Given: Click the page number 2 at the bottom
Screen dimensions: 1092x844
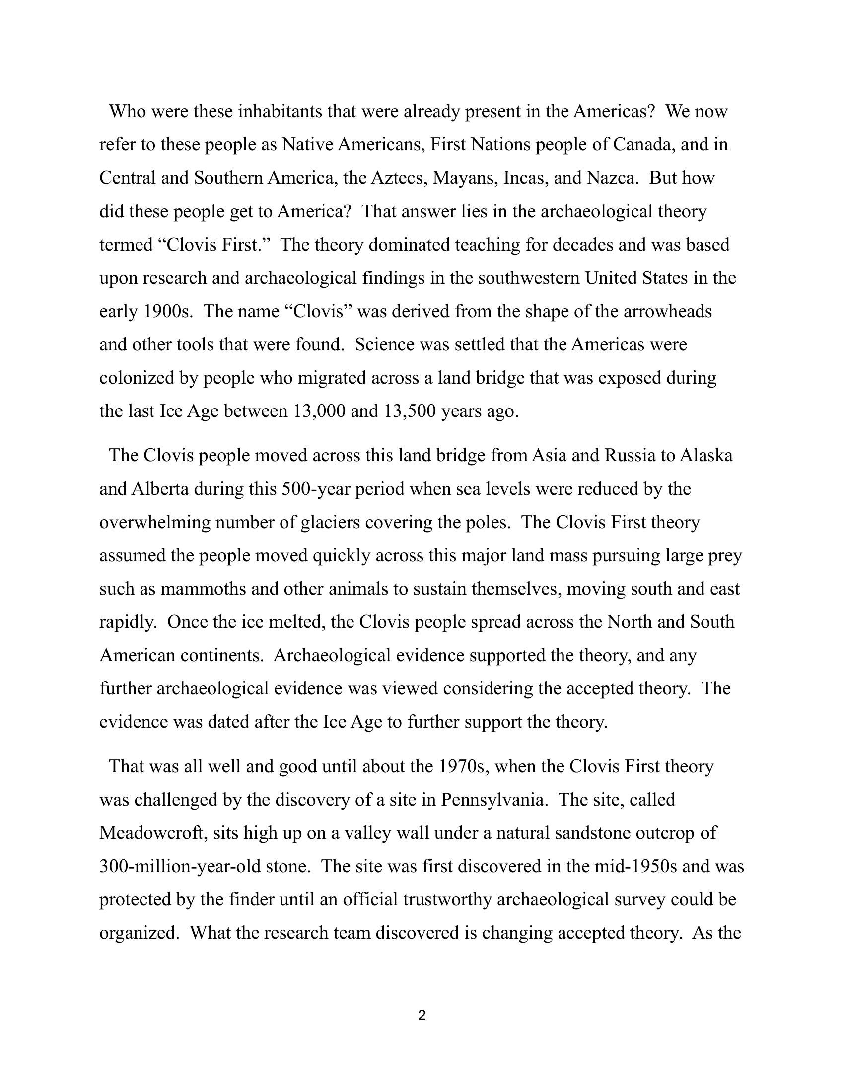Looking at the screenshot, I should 422,1016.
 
